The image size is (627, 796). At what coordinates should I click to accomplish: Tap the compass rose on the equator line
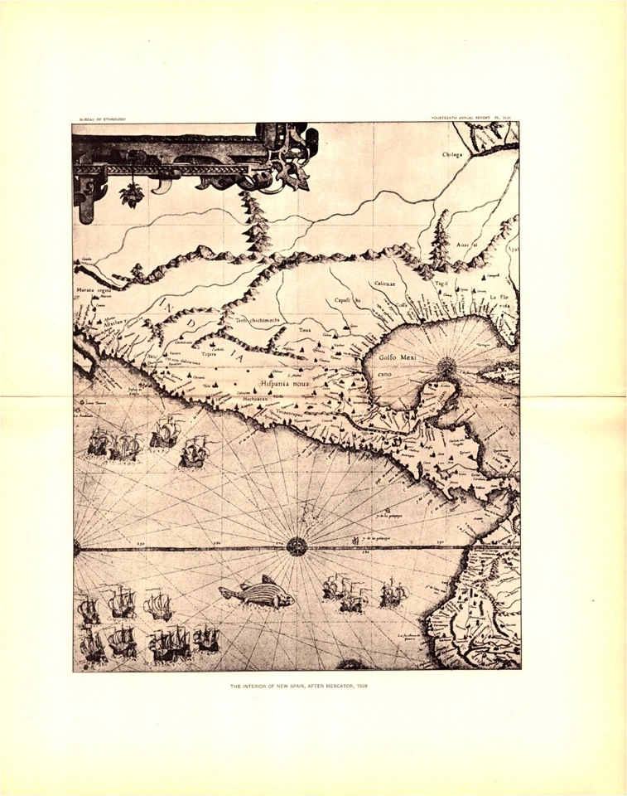[297, 546]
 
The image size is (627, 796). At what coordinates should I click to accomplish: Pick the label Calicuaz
[382, 284]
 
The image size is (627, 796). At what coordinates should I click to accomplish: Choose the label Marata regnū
[94, 291]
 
